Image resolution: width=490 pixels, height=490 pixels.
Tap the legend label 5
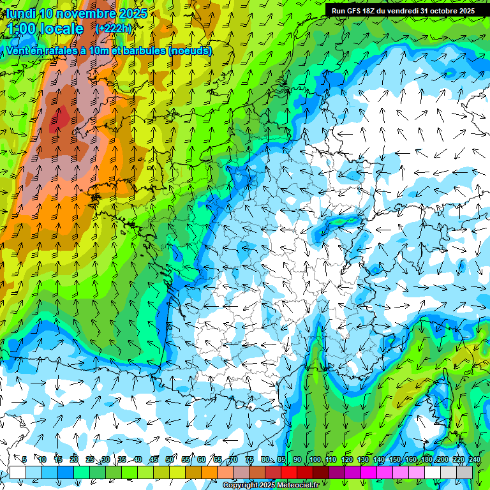tap(24, 459)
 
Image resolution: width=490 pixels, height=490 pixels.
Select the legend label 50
tap(170, 459)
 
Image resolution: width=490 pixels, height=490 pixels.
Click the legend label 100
tap(315, 459)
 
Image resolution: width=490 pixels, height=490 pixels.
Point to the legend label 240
tap(474, 459)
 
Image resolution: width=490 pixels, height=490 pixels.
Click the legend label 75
tap(249, 459)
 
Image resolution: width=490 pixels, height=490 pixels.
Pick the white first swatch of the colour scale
tap(17, 472)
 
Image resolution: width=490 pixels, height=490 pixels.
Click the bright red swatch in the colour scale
tap(289, 472)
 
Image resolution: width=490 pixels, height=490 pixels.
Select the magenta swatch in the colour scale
tap(369, 472)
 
